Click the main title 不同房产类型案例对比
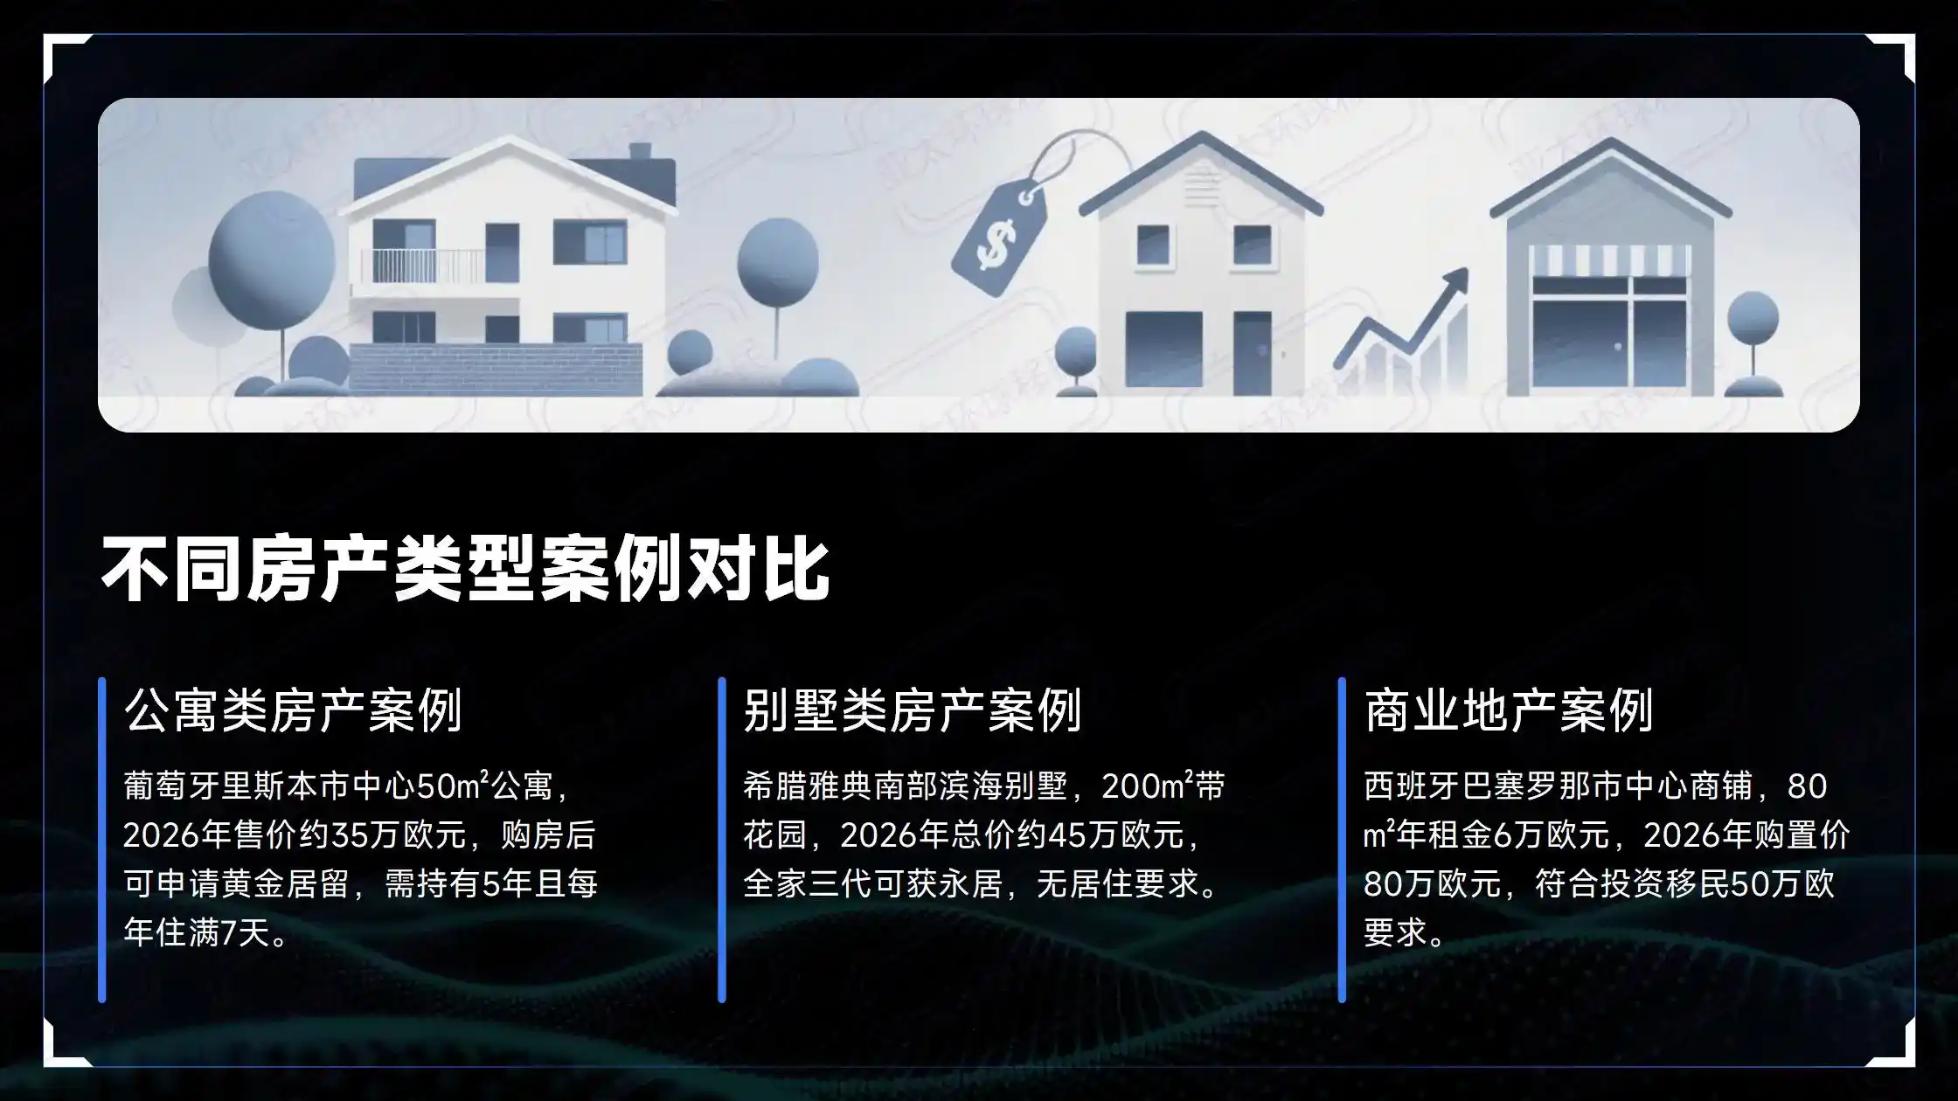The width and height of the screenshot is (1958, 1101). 465,569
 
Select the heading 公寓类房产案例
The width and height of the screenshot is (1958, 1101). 293,710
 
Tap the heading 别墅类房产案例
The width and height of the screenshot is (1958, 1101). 913,710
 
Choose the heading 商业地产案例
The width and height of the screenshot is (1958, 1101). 1509,710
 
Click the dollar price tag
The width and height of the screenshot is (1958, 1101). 999,240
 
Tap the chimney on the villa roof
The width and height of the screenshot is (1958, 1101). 640,151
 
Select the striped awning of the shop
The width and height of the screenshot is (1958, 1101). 1610,260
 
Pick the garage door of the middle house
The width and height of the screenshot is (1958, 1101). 1163,349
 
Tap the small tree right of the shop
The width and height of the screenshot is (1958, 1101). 1753,332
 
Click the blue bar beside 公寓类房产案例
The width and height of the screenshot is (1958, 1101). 102,839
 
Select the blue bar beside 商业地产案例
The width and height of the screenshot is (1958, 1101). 1342,839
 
